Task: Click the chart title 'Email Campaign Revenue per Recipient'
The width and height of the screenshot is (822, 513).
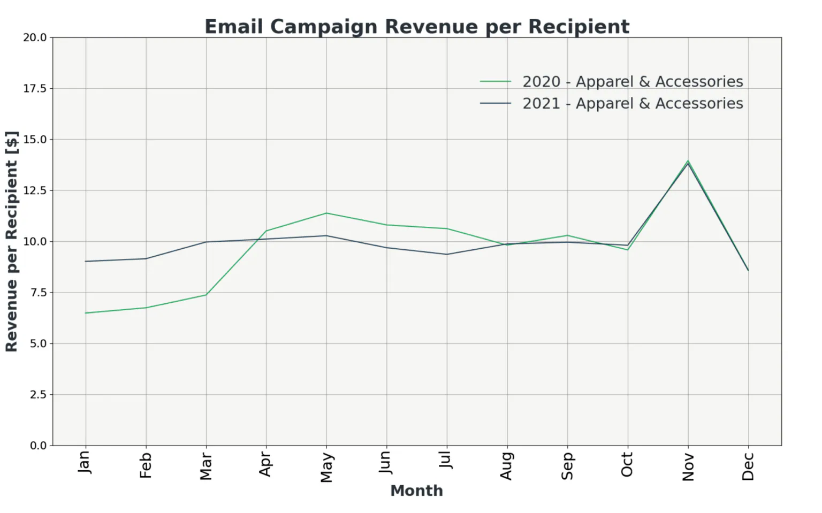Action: coord(417,27)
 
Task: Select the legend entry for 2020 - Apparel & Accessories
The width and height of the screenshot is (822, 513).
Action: coord(611,81)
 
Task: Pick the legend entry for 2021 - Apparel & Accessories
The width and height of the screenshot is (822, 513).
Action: coord(611,103)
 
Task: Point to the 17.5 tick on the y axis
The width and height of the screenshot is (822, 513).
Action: coord(35,89)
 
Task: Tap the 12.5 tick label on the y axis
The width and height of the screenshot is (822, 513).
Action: coord(35,190)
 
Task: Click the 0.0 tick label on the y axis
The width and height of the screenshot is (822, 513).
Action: coord(38,446)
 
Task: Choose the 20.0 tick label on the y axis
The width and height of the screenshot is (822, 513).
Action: coord(35,37)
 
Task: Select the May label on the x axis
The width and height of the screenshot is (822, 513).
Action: coord(326,467)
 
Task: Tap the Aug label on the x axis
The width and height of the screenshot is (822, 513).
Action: coord(507,466)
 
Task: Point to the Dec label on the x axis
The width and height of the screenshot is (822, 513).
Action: coord(748,466)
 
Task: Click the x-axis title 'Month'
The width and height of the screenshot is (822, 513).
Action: coord(416,491)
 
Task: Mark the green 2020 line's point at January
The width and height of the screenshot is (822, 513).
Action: coord(86,313)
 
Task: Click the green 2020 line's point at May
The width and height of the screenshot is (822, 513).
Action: coord(326,213)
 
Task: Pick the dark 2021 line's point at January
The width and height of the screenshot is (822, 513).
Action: coord(86,262)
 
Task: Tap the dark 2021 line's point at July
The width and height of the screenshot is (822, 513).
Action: coord(447,254)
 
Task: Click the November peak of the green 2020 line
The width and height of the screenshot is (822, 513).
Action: coord(688,160)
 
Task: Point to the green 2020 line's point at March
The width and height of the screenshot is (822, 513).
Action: coord(206,295)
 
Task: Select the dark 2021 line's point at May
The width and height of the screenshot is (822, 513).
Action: coord(326,235)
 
